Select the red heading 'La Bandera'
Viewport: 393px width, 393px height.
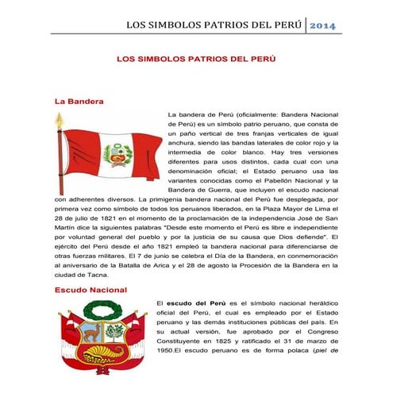tap(79, 102)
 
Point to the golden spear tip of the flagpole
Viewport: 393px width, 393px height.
tap(59, 120)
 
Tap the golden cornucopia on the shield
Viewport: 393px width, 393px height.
tap(103, 349)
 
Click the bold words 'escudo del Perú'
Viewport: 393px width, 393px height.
tap(194, 303)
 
